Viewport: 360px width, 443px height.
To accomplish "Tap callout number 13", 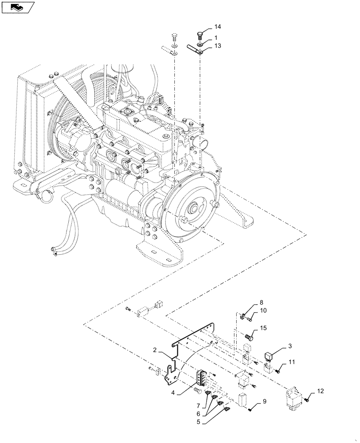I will point(218,46).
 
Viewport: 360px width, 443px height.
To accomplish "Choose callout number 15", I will point(264,328).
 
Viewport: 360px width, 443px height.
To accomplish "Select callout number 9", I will point(264,402).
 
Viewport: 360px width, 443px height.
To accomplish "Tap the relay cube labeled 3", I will point(270,355).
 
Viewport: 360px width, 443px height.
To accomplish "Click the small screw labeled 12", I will point(307,400).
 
